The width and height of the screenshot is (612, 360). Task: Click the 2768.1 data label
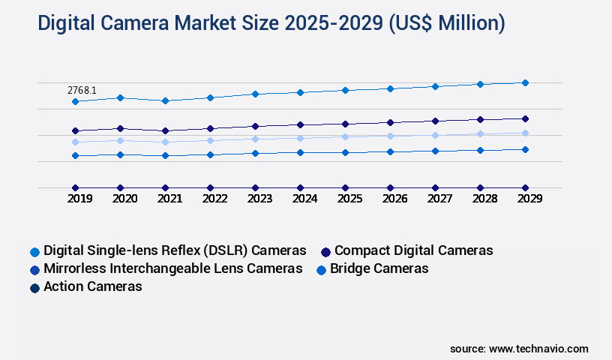tap(82, 90)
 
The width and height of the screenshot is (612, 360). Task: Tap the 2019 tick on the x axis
tap(79, 199)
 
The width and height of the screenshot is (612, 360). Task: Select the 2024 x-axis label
tap(304, 199)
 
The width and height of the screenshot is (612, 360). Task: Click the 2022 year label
tap(214, 199)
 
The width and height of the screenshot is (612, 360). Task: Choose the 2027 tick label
tap(439, 199)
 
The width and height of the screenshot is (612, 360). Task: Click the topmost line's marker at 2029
tap(525, 82)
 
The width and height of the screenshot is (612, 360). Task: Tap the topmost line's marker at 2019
tap(75, 101)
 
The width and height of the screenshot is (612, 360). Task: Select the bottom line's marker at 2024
tap(300, 187)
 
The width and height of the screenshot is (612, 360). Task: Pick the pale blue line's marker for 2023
tap(255, 139)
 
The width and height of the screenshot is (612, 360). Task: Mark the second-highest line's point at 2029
tap(525, 118)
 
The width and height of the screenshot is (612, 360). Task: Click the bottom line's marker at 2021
tap(165, 187)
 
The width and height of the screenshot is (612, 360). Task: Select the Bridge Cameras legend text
tap(379, 268)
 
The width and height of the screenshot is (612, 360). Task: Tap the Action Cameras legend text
tap(93, 286)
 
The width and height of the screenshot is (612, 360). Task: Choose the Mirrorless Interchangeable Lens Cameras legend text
tap(173, 268)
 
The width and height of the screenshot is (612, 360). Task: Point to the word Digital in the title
tap(70, 24)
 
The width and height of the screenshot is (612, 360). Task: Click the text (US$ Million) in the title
tap(445, 24)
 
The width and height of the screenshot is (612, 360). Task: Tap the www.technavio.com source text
tap(538, 349)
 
